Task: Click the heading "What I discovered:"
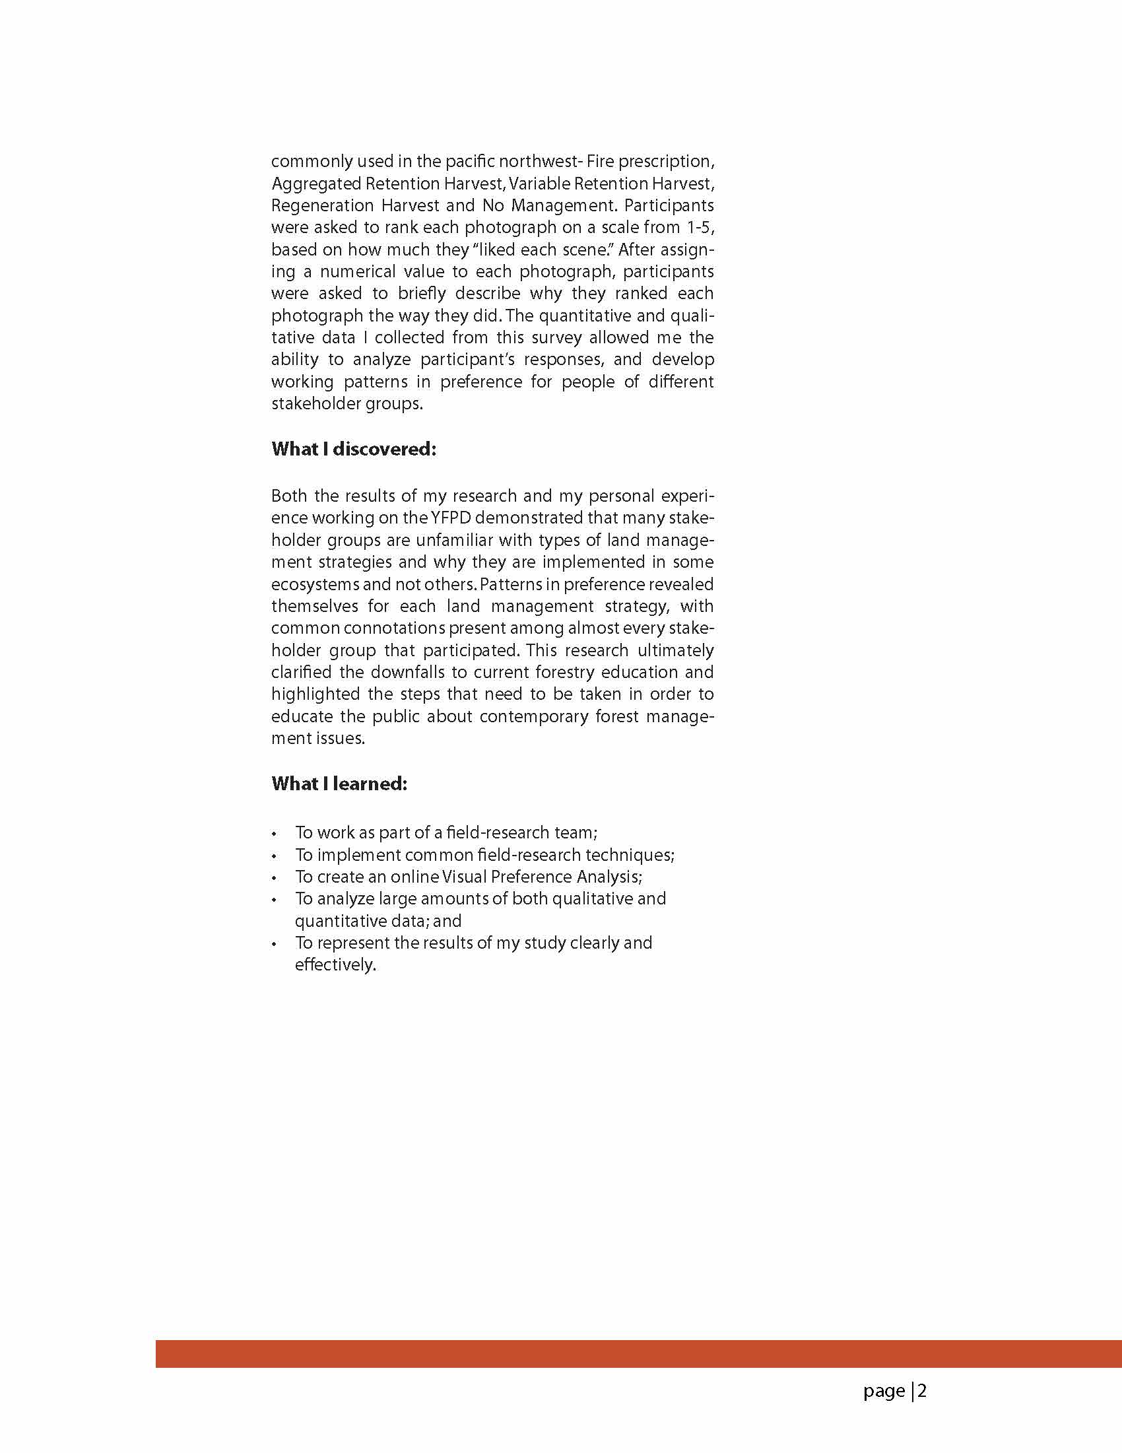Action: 353,449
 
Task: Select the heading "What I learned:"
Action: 339,784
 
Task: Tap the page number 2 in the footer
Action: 922,1391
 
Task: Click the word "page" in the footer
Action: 884,1392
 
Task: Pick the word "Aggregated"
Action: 316,184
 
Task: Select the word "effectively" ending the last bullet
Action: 334,964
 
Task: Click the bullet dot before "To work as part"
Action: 274,834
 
